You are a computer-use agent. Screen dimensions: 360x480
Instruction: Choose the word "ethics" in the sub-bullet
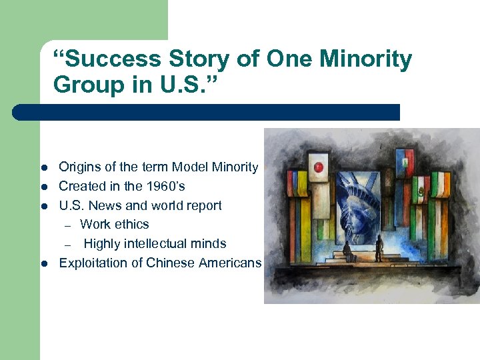(x=131, y=224)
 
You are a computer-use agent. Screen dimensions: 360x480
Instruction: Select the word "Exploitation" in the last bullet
(x=91, y=263)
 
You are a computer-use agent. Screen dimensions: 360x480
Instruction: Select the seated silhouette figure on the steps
(x=346, y=251)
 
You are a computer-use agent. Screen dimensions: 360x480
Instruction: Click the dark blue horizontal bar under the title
(x=206, y=112)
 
